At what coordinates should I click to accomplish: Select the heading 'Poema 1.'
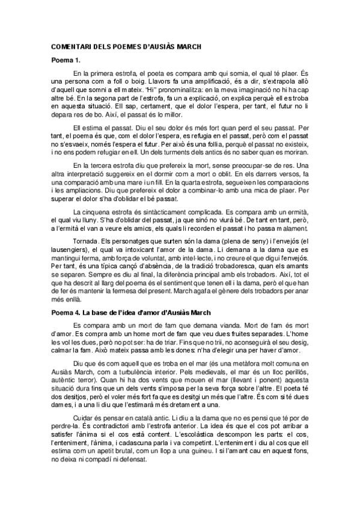coord(64,60)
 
